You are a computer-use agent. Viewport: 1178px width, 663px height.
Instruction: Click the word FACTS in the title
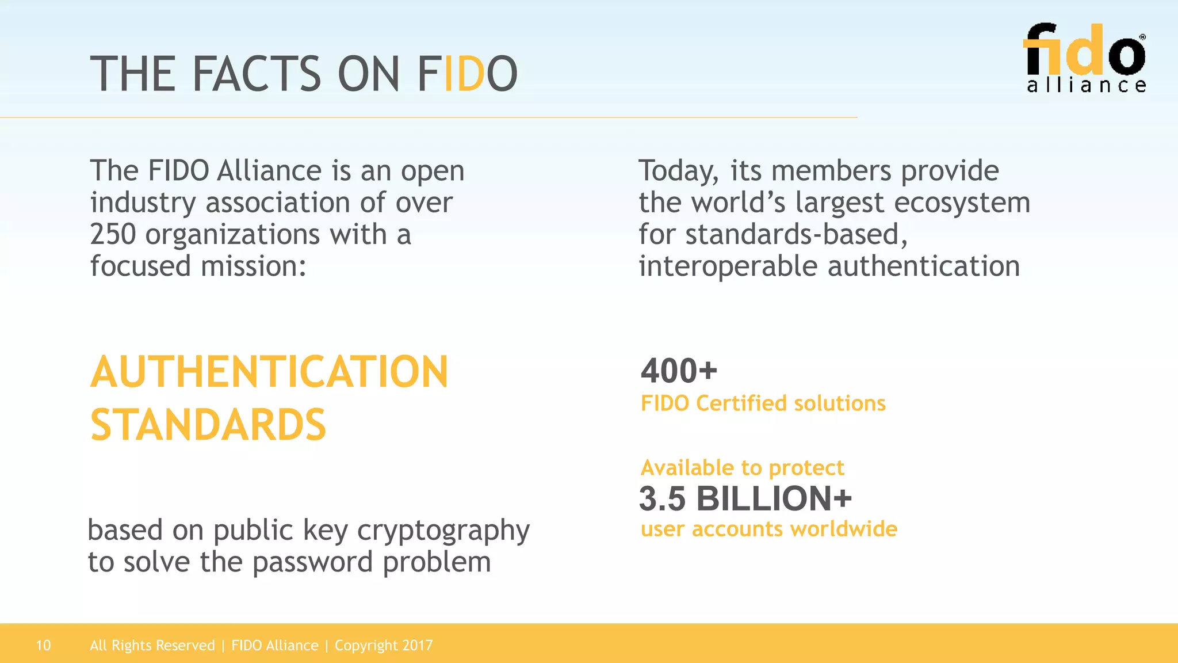coord(256,74)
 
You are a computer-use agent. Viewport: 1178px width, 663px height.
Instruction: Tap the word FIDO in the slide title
coord(467,74)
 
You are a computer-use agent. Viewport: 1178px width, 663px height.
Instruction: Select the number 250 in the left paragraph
coord(113,235)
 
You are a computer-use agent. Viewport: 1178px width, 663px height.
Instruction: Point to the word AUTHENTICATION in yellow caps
coord(269,372)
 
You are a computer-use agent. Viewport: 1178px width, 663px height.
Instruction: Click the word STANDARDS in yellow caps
coord(208,425)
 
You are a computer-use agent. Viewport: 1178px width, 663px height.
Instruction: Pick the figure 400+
coord(679,371)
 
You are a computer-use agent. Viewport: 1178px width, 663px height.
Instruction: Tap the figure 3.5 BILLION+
coord(745,498)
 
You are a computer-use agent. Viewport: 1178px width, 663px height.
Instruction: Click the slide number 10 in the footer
coord(43,646)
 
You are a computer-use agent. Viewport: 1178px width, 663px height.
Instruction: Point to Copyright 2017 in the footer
coord(384,646)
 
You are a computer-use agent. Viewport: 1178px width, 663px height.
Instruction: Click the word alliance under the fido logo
coord(1086,86)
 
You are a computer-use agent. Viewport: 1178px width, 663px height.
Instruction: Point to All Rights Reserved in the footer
coord(152,646)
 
